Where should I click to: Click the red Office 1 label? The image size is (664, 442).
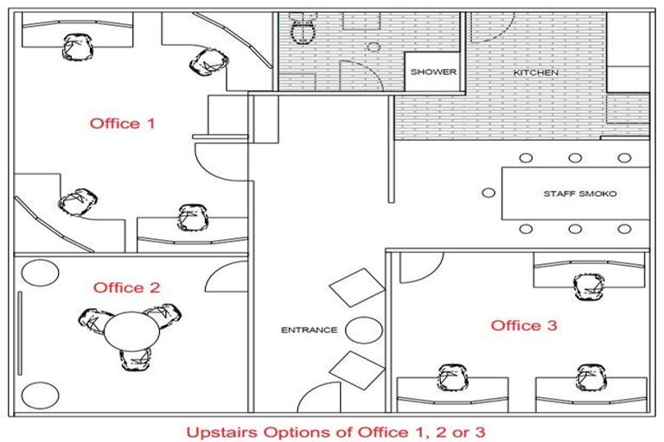(x=122, y=123)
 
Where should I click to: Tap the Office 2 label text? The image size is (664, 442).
(x=126, y=287)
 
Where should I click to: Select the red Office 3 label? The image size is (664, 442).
(x=524, y=325)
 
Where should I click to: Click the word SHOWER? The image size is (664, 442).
(x=433, y=72)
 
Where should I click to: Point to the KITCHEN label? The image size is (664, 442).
(x=536, y=73)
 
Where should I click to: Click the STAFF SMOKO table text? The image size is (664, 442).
(x=580, y=193)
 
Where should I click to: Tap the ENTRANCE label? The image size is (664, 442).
(x=310, y=330)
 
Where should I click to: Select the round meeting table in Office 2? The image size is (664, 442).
(x=131, y=331)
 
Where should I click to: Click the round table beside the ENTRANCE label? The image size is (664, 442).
(x=364, y=330)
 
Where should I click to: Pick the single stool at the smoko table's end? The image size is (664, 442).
(x=488, y=193)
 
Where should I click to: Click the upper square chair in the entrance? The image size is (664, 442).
(x=357, y=287)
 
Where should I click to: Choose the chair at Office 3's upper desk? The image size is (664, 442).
(x=589, y=287)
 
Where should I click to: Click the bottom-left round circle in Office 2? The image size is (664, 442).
(x=41, y=395)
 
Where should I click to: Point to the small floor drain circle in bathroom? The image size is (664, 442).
(x=373, y=47)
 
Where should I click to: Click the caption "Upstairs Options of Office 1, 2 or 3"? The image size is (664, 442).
(x=335, y=433)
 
